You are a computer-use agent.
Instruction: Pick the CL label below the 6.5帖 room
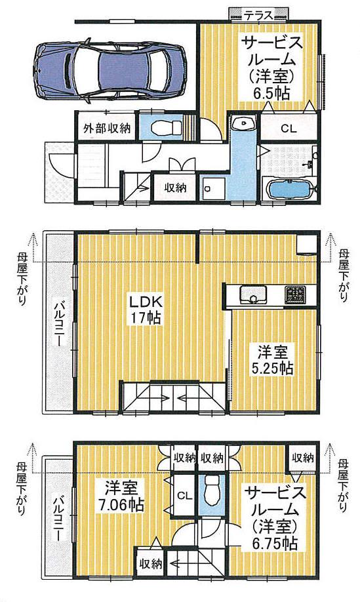[289, 129]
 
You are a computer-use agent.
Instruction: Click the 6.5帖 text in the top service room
[272, 92]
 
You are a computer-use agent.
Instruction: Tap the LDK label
[146, 304]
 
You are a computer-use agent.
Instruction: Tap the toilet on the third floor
[211, 489]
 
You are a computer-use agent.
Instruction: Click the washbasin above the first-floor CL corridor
[243, 123]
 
